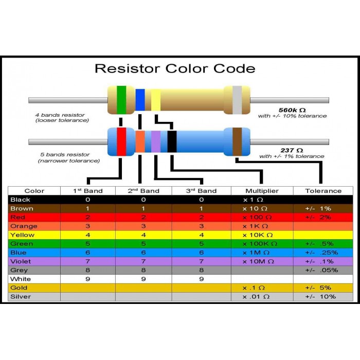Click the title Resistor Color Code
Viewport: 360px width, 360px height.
(175, 68)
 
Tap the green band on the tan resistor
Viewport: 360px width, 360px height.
(121, 99)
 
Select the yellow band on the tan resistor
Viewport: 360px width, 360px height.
(155, 100)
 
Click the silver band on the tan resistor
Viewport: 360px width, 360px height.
(237, 100)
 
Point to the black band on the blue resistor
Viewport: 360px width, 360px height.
(172, 141)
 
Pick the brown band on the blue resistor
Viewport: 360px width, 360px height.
(237, 141)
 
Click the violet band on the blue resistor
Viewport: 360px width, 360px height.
(156, 141)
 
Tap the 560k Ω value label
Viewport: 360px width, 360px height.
(292, 110)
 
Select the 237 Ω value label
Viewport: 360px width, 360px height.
(292, 150)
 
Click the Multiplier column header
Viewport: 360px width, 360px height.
(261, 191)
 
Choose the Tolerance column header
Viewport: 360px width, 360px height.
(323, 191)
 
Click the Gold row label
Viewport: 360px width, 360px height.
(19, 287)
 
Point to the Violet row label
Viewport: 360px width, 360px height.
(20, 261)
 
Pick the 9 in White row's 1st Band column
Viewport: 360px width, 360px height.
(87, 279)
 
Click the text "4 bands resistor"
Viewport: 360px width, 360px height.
(60, 115)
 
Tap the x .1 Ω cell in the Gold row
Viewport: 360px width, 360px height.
(254, 287)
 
